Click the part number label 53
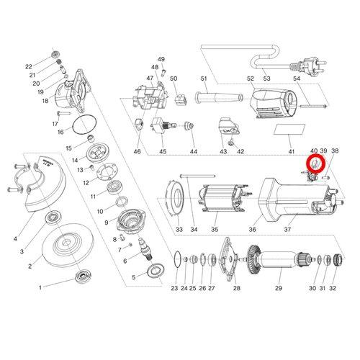click(266, 78)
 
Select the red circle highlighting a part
click(316, 164)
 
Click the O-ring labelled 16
click(84, 125)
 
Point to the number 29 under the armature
click(279, 288)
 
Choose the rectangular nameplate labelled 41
click(289, 130)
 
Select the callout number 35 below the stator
click(215, 230)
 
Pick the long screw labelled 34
click(197, 176)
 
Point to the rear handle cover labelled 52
click(273, 104)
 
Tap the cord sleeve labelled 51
click(219, 97)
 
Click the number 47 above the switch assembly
click(150, 78)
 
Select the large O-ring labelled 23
click(177, 259)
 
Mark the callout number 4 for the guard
click(15, 238)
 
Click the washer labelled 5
click(156, 271)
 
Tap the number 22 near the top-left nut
click(29, 67)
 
